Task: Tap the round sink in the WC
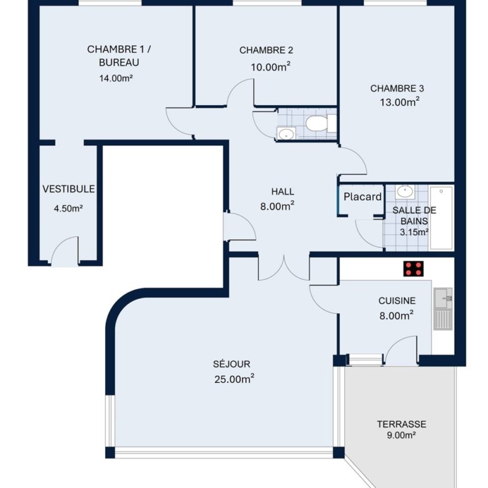tap(287, 134)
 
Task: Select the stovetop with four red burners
tap(414, 268)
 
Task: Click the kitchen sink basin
tap(443, 298)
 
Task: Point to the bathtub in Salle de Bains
tap(441, 218)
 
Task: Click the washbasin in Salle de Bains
tap(405, 191)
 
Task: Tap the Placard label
tap(363, 196)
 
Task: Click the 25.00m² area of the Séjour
tap(234, 379)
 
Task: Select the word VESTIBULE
tap(68, 189)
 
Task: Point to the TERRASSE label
tap(402, 424)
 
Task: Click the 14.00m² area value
tap(116, 78)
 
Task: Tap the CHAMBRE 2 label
tap(266, 50)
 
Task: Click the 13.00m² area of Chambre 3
tap(400, 102)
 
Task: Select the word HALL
tap(283, 191)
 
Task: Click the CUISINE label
tap(397, 301)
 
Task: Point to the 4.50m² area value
tap(68, 208)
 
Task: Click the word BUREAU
tap(119, 63)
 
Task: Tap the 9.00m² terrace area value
tap(402, 435)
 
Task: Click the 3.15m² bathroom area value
tap(414, 232)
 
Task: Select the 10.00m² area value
tap(271, 67)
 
